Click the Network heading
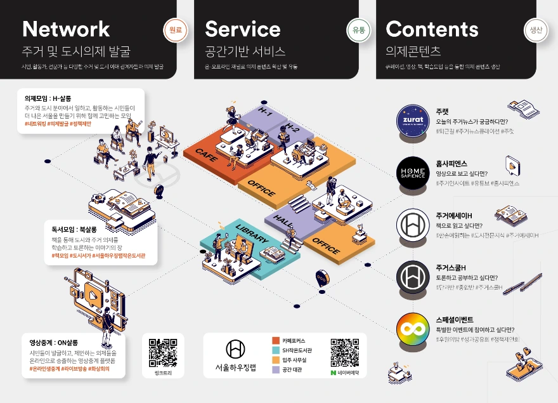66,29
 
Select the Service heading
242,29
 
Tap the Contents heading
432,29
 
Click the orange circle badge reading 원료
176,30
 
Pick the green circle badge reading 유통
358,30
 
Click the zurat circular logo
413,121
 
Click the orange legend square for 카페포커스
276,340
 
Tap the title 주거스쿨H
451,267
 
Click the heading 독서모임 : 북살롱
74,229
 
